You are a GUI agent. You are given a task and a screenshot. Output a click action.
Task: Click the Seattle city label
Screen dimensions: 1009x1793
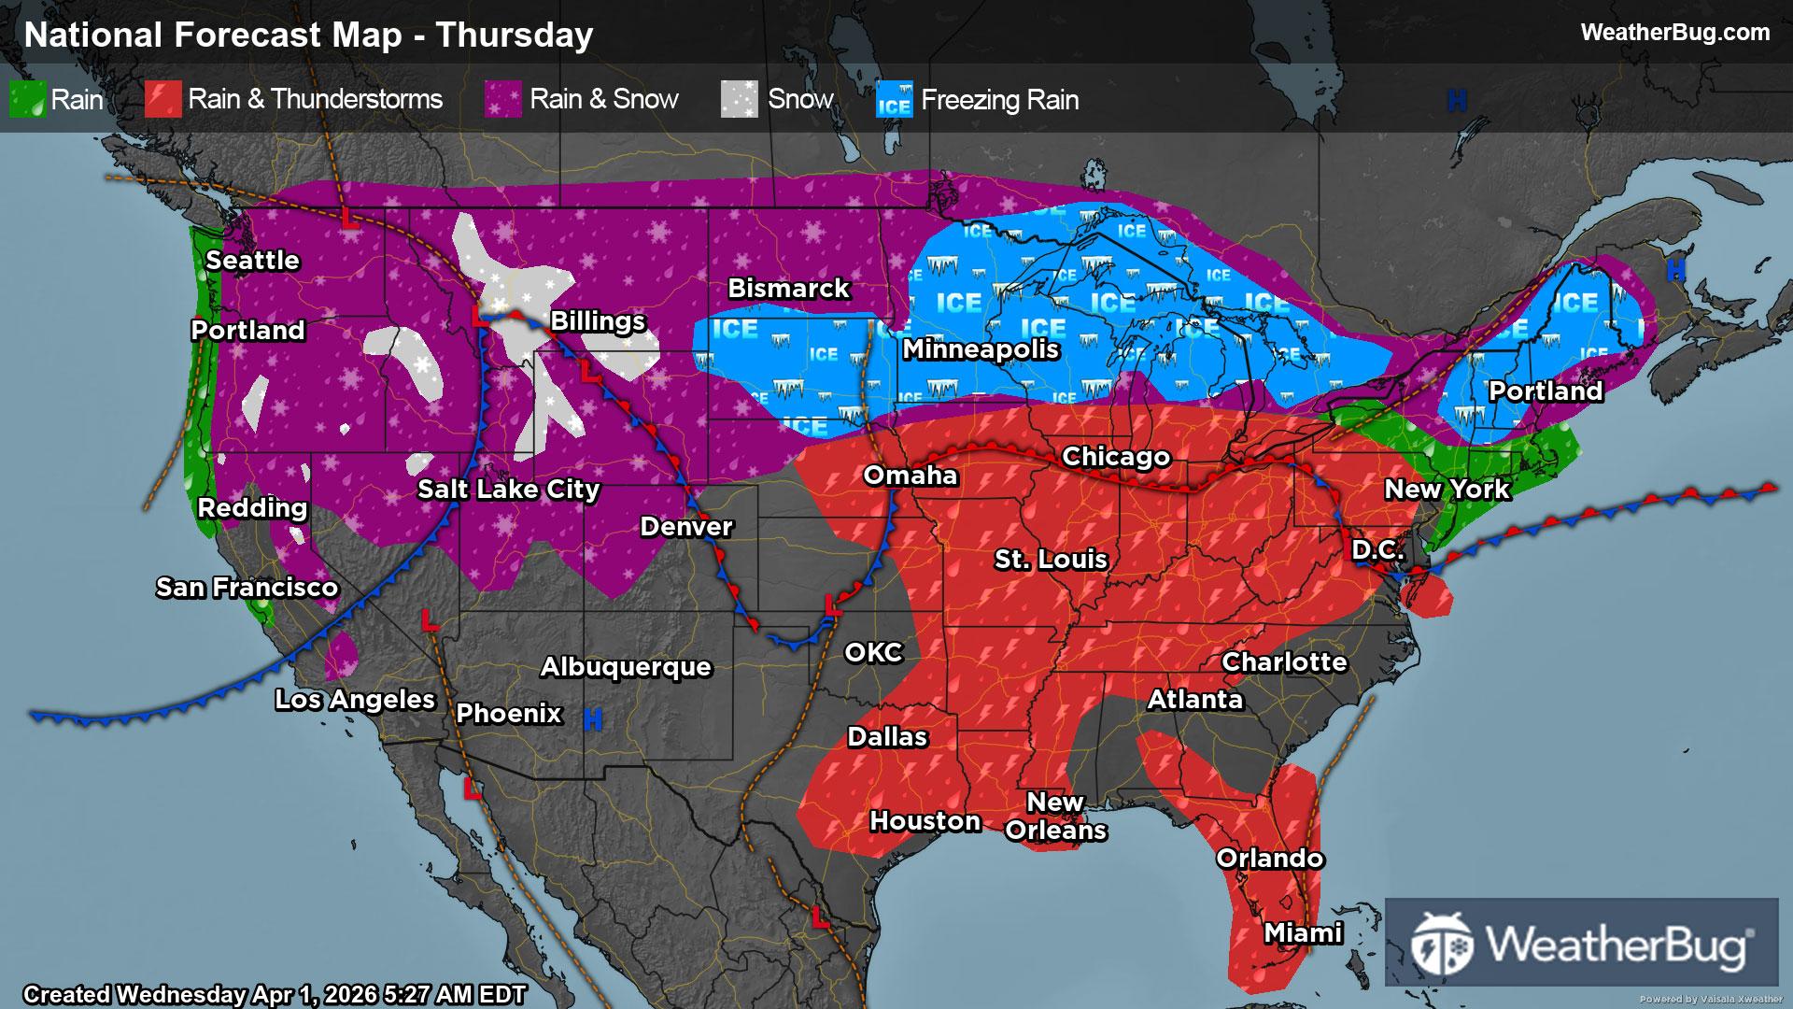(252, 261)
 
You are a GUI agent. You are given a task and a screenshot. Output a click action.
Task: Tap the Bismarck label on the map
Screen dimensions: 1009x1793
(788, 289)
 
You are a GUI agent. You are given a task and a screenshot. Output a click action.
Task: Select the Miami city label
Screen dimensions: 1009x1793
(1303, 932)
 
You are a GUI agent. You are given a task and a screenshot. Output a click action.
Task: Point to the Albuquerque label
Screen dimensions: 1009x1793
(626, 667)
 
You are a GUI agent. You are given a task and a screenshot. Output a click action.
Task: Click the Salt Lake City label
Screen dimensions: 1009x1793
(508, 490)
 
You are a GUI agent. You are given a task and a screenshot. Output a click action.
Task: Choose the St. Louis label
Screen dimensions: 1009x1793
(1051, 560)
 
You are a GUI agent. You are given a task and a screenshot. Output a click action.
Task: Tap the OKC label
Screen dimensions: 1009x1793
(873, 652)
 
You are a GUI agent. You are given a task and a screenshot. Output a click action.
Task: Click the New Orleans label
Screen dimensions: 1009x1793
(1055, 817)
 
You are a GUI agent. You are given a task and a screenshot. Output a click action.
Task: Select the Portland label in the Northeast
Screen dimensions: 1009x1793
(1545, 391)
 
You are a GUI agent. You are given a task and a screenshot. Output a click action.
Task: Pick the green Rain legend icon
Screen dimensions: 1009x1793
(27, 99)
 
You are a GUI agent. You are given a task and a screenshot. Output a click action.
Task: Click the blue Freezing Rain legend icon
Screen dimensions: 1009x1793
(894, 99)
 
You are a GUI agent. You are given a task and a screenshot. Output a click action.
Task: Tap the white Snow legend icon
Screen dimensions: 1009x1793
(739, 99)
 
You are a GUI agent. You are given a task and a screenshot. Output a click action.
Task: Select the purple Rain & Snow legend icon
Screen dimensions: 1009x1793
(502, 99)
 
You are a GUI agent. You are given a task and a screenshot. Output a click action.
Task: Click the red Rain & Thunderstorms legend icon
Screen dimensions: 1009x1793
(162, 99)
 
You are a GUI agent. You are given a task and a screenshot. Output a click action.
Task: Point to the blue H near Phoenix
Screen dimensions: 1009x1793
(591, 719)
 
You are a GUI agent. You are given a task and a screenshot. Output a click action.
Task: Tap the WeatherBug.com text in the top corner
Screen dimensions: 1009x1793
(1674, 33)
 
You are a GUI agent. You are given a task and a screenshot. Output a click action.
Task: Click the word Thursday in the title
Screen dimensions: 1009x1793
(515, 36)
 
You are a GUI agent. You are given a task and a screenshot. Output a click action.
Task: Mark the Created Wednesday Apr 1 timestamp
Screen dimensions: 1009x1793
(275, 995)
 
